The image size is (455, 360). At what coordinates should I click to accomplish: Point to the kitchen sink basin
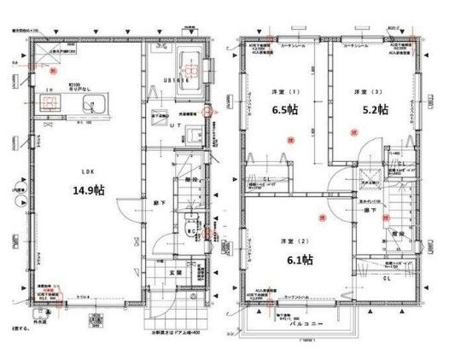click(92, 105)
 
